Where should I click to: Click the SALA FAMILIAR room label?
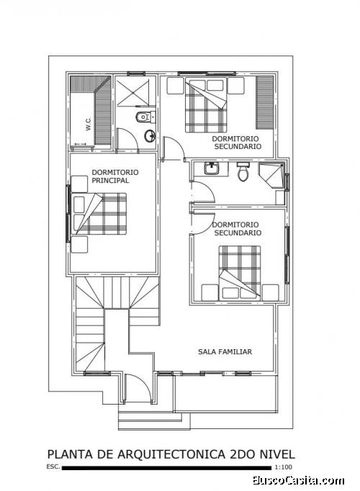pyautogui.click(x=225, y=351)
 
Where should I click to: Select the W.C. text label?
pyautogui.click(x=89, y=124)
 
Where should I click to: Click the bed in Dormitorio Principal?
pyautogui.click(x=100, y=214)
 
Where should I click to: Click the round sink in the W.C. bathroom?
pyautogui.click(x=150, y=135)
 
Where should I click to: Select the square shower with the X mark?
pyautogui.click(x=135, y=93)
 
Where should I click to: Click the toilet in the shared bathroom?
pyautogui.click(x=243, y=171)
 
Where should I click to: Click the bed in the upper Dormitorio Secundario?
pyautogui.click(x=206, y=105)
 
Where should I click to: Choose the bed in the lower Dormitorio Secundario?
pyautogui.click(x=240, y=273)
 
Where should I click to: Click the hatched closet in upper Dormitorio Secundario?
pyautogui.click(x=265, y=102)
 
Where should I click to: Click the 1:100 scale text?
pyautogui.click(x=284, y=467)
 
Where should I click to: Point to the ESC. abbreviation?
pyautogui.click(x=53, y=467)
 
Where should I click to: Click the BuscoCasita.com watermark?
pyautogui.click(x=298, y=480)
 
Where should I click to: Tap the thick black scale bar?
pyautogui.click(x=167, y=468)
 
